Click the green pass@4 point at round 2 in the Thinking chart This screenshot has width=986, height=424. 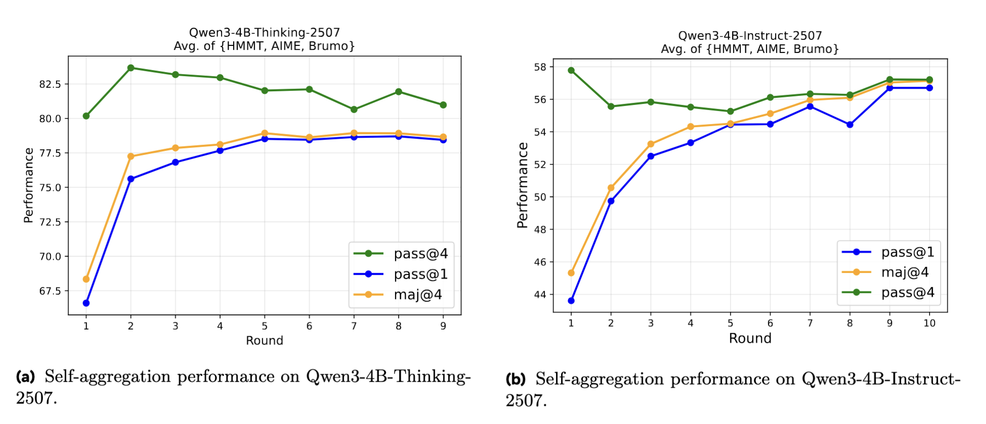(x=131, y=68)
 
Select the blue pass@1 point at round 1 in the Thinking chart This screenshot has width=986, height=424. (x=86, y=303)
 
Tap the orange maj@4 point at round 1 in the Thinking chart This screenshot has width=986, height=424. (x=86, y=279)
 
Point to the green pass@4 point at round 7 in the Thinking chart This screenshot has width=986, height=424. (x=354, y=110)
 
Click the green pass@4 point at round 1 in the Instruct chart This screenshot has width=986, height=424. (x=571, y=71)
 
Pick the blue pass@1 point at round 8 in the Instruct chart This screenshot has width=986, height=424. (x=850, y=125)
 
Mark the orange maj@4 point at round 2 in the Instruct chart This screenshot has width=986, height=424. (x=611, y=188)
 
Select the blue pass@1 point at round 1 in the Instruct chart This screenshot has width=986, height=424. (x=571, y=301)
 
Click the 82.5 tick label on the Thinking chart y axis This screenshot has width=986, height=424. (x=50, y=84)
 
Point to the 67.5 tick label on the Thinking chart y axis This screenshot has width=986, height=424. (x=50, y=291)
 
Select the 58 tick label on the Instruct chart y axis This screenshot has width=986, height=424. (x=540, y=67)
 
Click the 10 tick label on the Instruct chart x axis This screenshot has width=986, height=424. (x=929, y=324)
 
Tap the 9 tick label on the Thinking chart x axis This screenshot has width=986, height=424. (x=443, y=327)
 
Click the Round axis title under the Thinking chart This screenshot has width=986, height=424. (x=264, y=341)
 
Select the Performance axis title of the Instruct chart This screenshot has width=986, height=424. (x=523, y=185)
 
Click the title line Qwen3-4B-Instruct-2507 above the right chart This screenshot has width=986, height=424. (x=750, y=36)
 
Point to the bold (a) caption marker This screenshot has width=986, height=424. (x=26, y=377)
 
